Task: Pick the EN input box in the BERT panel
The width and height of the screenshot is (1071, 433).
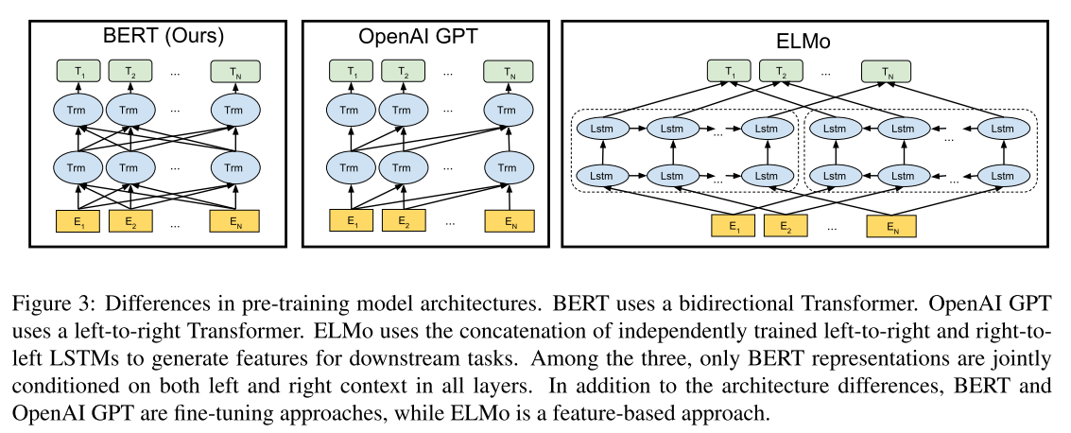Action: tap(233, 223)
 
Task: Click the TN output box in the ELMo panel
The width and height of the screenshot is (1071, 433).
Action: tap(886, 71)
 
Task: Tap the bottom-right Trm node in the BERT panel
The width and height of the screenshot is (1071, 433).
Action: tap(233, 168)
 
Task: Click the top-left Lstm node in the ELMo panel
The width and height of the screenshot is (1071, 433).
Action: tap(600, 128)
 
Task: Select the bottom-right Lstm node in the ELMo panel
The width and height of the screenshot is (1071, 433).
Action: tap(998, 175)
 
